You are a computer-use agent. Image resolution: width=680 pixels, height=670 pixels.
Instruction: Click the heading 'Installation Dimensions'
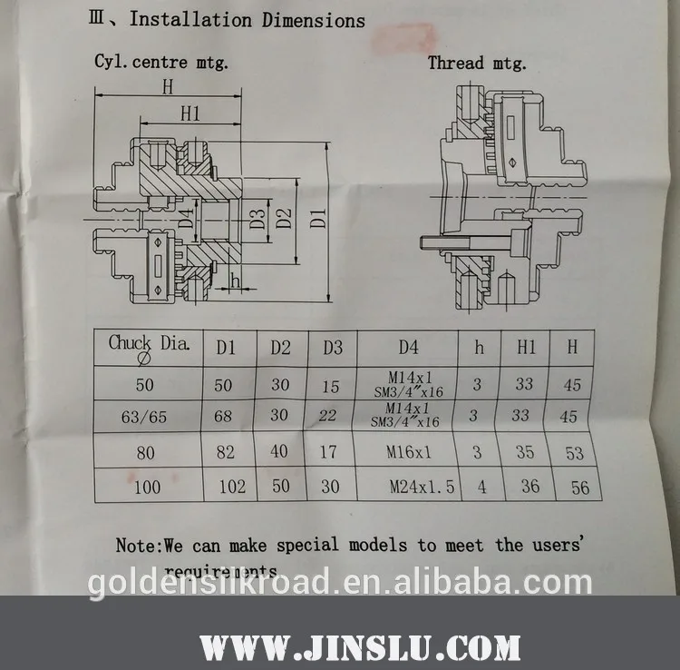247,20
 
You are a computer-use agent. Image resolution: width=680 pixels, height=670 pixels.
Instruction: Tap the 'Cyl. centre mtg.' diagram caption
161,63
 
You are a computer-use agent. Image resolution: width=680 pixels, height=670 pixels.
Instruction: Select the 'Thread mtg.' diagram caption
476,63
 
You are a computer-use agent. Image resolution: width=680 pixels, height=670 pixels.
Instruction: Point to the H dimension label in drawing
167,87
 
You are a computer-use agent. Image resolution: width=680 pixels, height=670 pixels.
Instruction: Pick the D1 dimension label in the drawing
317,217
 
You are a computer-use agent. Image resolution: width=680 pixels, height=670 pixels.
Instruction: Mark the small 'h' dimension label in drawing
236,281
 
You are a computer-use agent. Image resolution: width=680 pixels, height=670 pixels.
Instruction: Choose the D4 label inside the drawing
186,219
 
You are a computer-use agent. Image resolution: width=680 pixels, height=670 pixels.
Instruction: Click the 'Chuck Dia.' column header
149,345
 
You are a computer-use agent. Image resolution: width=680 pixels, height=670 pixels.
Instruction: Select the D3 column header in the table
332,347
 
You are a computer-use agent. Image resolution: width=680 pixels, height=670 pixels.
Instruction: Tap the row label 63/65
146,418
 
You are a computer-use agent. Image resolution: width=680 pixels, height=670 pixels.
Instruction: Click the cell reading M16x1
409,452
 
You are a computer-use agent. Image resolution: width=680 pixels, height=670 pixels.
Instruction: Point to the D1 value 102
232,487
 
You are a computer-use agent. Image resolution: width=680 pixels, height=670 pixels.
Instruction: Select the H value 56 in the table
580,488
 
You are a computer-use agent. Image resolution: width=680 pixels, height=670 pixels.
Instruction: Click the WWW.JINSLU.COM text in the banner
360,647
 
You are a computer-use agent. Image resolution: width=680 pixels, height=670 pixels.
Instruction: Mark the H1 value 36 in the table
530,487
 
